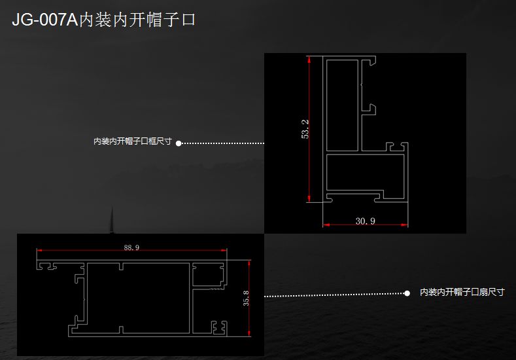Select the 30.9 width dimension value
[x=365, y=221]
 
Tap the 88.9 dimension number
[x=131, y=247]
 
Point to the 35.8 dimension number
[x=246, y=298]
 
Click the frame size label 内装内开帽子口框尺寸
[x=132, y=141]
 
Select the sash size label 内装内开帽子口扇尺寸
[x=462, y=293]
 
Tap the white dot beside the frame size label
[x=178, y=143]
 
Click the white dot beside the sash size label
[x=407, y=293]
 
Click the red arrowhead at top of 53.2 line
[x=308, y=60]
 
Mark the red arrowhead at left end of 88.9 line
[x=40, y=251]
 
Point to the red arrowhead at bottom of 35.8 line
[x=250, y=333]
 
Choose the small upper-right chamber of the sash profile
[x=209, y=274]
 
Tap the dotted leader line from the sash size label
[x=334, y=295]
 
